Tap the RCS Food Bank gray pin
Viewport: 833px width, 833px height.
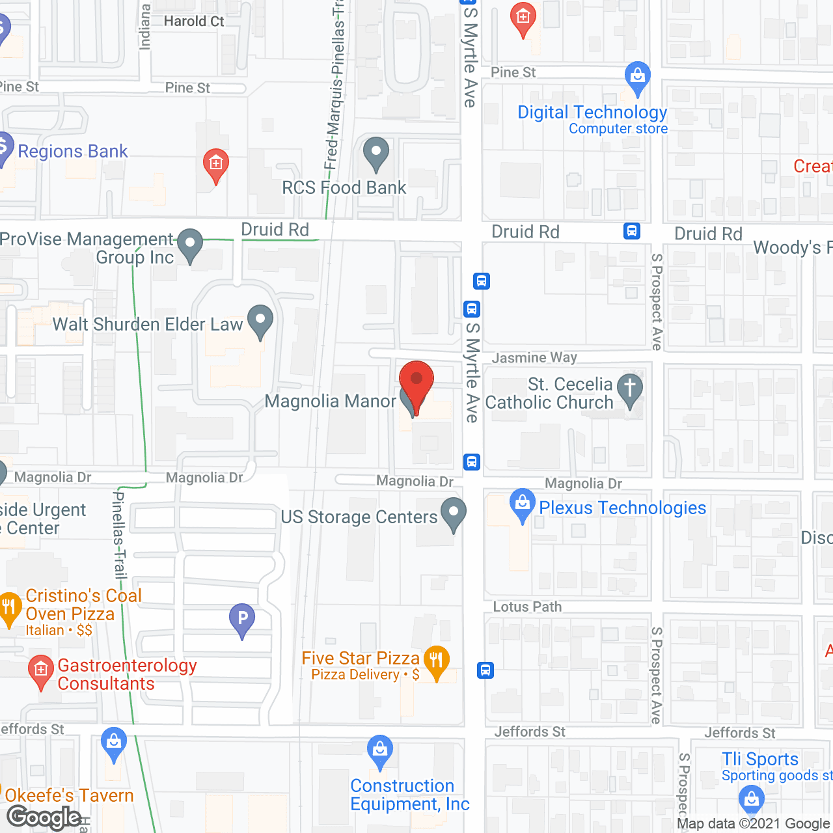(x=376, y=154)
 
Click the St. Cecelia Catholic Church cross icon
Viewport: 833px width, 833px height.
(x=629, y=390)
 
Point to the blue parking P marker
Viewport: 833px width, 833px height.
(x=242, y=620)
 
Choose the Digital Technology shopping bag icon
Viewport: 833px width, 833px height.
(x=638, y=78)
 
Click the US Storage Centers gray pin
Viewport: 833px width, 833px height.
(x=454, y=513)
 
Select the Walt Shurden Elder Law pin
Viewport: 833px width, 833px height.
(x=260, y=321)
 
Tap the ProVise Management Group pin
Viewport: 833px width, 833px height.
(x=190, y=245)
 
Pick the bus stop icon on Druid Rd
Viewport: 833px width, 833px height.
(x=631, y=231)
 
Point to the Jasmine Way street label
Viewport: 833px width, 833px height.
(x=534, y=357)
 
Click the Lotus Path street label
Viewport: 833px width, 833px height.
(x=527, y=607)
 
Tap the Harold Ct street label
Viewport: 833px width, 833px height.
(x=194, y=21)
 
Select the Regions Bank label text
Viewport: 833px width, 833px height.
(x=73, y=151)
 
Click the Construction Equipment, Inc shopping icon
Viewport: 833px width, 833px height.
(x=379, y=751)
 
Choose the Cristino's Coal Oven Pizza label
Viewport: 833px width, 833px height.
(x=70, y=605)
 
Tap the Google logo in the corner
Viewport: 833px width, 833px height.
(x=44, y=817)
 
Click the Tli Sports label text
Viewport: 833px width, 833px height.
(x=759, y=759)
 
